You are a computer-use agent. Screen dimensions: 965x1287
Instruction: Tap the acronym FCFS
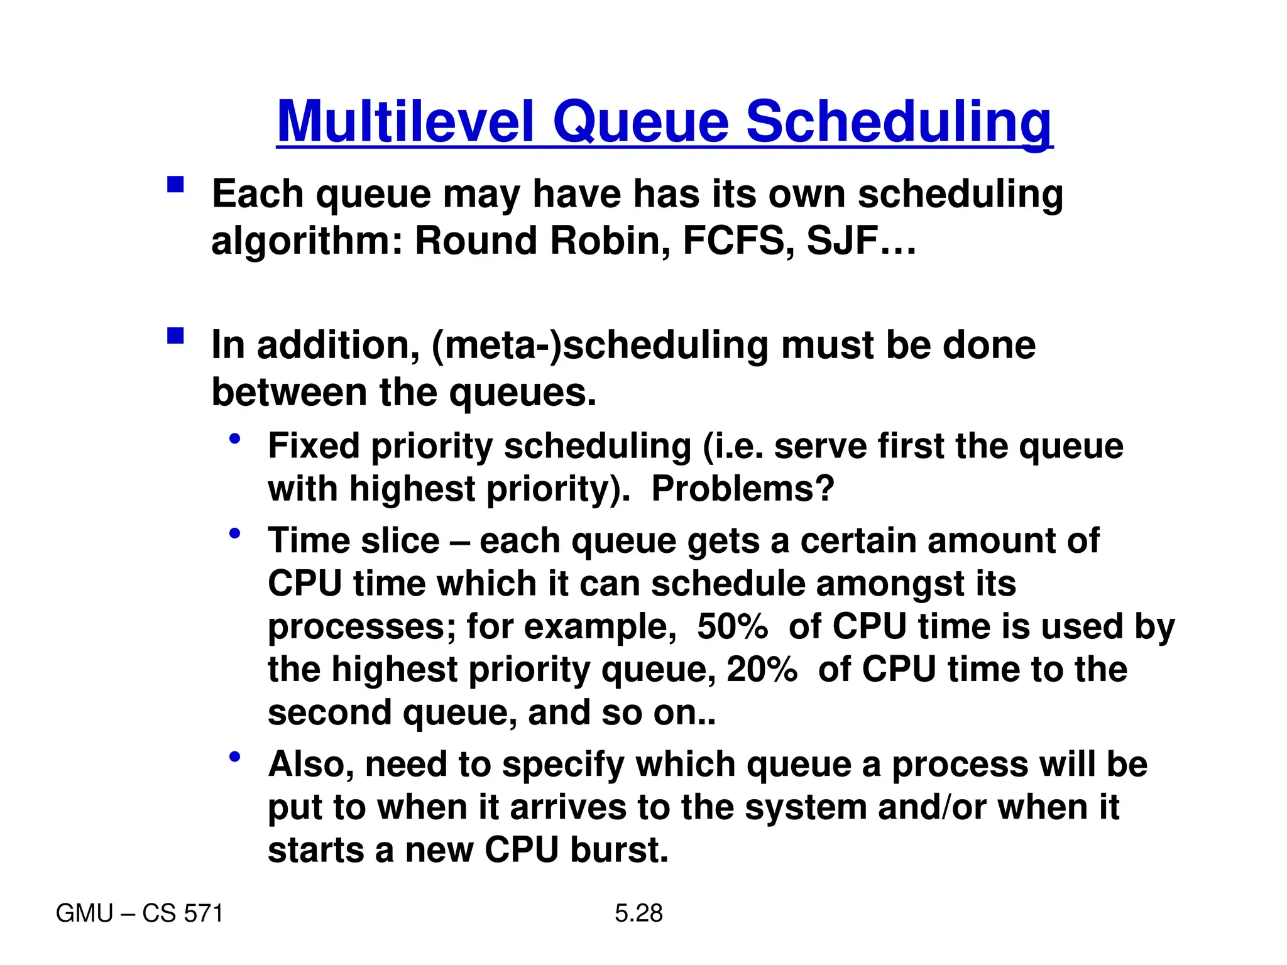(x=733, y=241)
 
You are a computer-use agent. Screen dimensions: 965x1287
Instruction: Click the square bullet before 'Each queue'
(x=175, y=184)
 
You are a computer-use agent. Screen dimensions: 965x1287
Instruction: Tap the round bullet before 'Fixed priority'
(x=235, y=439)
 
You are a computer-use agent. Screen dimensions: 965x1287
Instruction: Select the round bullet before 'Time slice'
(x=235, y=533)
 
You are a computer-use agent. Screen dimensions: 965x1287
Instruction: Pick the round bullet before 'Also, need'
(x=235, y=756)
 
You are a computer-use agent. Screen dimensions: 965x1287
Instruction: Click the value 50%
(x=732, y=626)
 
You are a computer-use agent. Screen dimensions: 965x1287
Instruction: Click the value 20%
(x=762, y=669)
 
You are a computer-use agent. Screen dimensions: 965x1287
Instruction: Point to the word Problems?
(x=743, y=489)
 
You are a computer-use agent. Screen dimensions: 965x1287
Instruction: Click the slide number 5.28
(x=638, y=913)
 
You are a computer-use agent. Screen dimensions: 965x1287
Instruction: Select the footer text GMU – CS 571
(x=140, y=913)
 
